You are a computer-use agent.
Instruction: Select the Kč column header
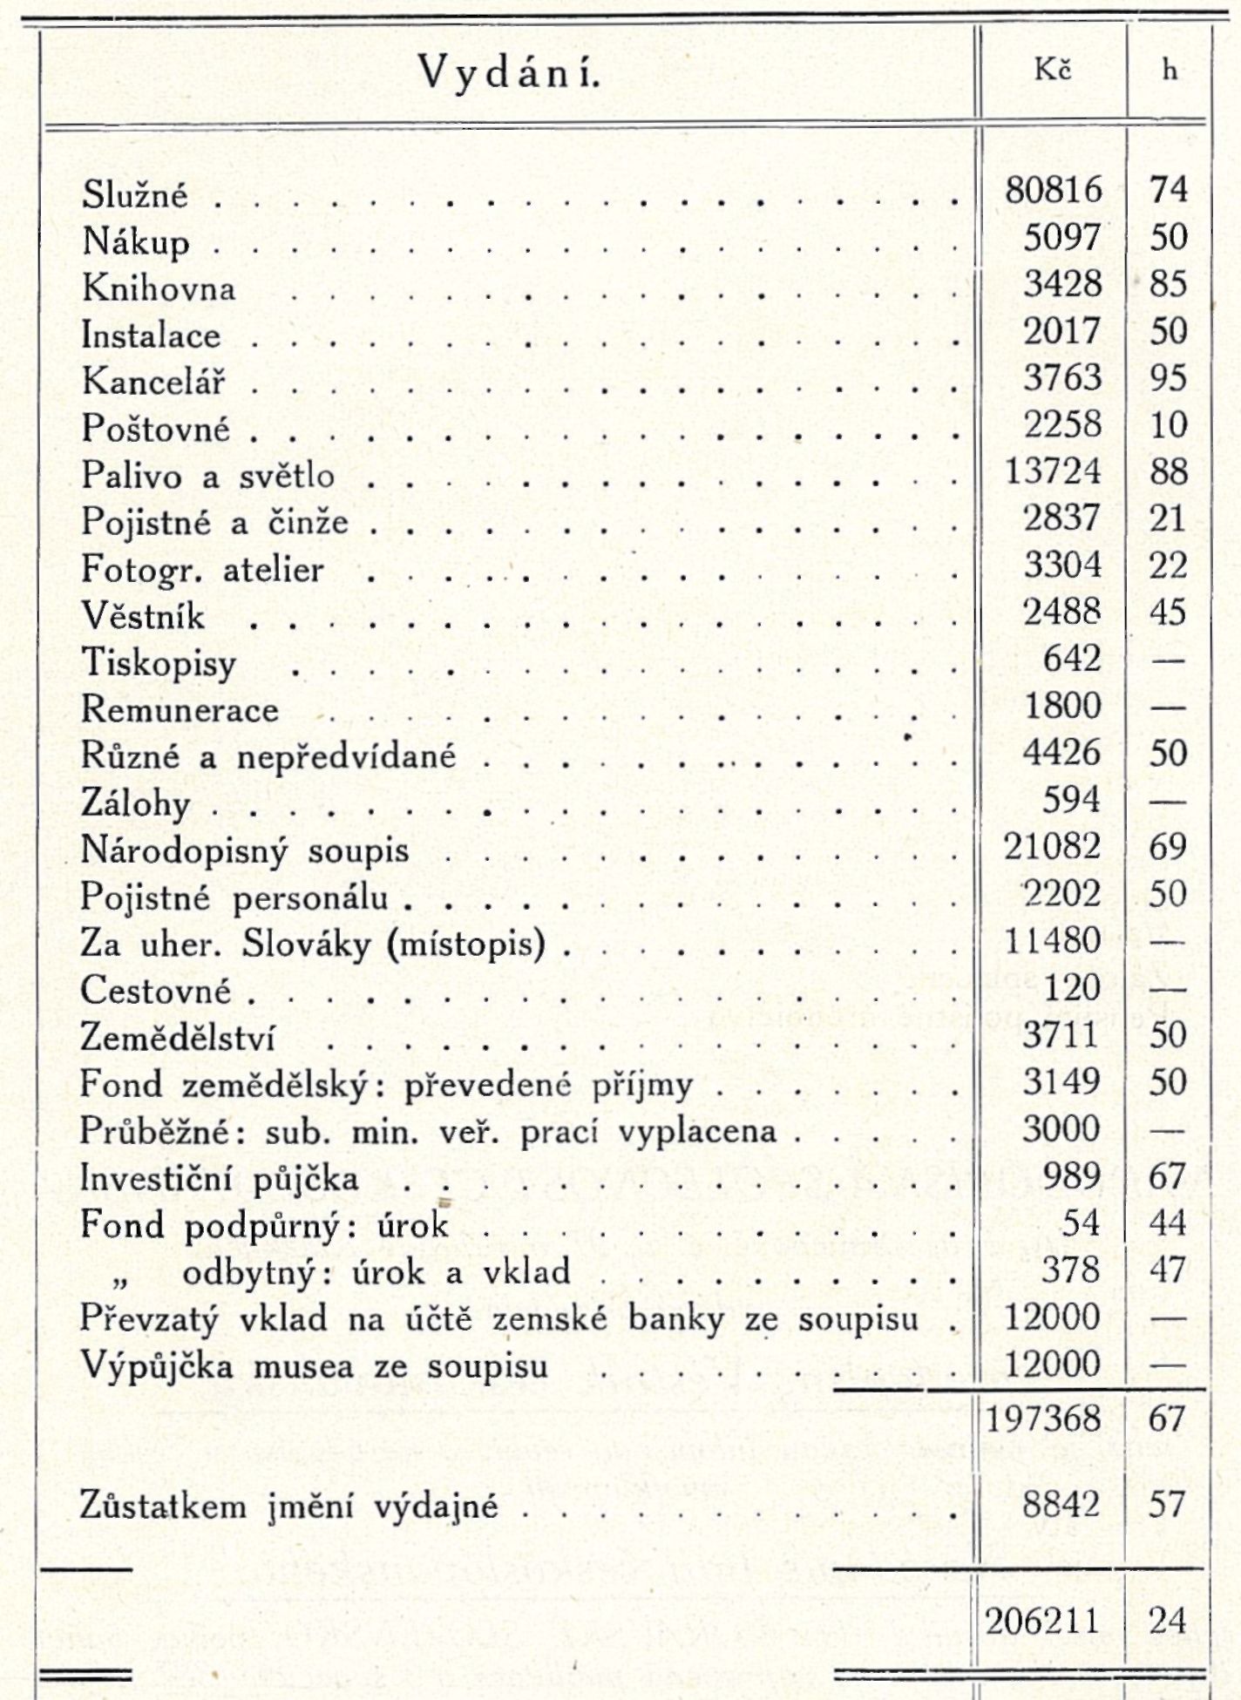point(1053,71)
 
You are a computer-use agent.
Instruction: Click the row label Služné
point(135,193)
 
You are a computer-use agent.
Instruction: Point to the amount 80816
point(1054,190)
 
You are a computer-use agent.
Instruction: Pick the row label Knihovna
point(159,288)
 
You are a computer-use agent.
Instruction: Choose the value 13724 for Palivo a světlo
point(1054,471)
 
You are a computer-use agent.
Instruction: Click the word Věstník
point(144,616)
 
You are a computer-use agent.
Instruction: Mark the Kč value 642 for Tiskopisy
point(1072,659)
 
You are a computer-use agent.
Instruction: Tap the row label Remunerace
point(180,709)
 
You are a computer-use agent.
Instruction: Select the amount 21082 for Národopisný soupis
point(1053,846)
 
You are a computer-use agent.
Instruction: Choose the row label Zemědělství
point(178,1038)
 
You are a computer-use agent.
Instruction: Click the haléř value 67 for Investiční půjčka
point(1168,1176)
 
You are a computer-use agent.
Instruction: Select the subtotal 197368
point(1043,1419)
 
